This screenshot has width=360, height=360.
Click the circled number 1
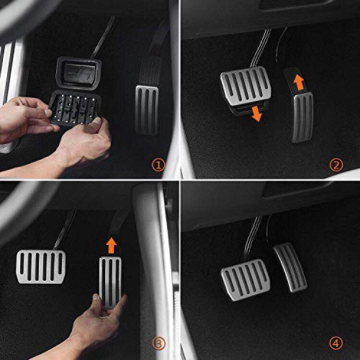tap(158, 165)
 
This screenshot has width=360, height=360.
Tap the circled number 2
tap(336, 165)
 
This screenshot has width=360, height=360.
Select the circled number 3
tap(158, 343)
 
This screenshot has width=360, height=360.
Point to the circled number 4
tap(336, 343)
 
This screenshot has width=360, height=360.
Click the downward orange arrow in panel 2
tap(256, 114)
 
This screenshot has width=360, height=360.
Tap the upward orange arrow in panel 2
tap(299, 81)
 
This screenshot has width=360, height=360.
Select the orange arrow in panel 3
tap(112, 246)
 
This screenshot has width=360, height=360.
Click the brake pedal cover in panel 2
tap(246, 86)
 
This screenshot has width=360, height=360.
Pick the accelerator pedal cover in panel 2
tap(302, 117)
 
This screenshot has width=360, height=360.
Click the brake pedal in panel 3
tap(41, 266)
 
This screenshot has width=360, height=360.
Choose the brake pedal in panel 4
tap(246, 280)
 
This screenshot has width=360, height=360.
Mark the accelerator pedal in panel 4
tap(290, 267)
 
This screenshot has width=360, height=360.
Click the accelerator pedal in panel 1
tap(147, 110)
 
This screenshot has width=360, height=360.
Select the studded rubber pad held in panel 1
tap(76, 109)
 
